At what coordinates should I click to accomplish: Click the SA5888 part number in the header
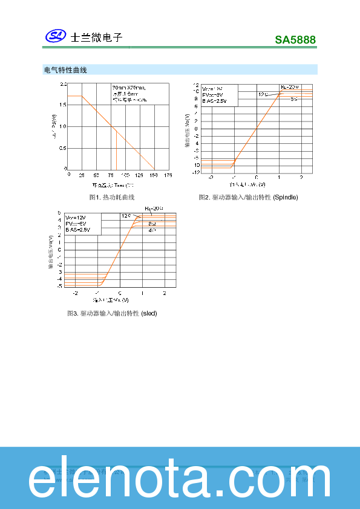[295, 40]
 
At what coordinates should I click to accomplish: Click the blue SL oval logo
[56, 37]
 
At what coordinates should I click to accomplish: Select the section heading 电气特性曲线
[65, 70]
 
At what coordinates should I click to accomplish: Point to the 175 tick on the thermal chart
[168, 175]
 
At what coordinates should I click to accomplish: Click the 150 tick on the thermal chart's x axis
[154, 175]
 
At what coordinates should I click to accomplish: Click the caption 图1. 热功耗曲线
[112, 197]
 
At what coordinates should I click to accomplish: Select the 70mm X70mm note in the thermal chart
[129, 88]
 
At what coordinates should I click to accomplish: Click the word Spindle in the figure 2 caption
[285, 197]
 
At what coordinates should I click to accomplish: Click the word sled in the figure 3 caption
[149, 313]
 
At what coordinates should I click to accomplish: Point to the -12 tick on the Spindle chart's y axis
[196, 172]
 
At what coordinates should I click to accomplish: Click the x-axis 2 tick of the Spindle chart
[301, 177]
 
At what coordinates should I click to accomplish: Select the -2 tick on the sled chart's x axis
[75, 293]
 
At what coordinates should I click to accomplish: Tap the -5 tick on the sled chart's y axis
[59, 286]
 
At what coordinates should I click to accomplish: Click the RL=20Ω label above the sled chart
[154, 209]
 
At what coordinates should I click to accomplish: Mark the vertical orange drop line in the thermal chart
[116, 148]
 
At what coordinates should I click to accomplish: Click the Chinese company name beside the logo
[97, 37]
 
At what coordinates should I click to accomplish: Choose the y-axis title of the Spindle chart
[187, 131]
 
